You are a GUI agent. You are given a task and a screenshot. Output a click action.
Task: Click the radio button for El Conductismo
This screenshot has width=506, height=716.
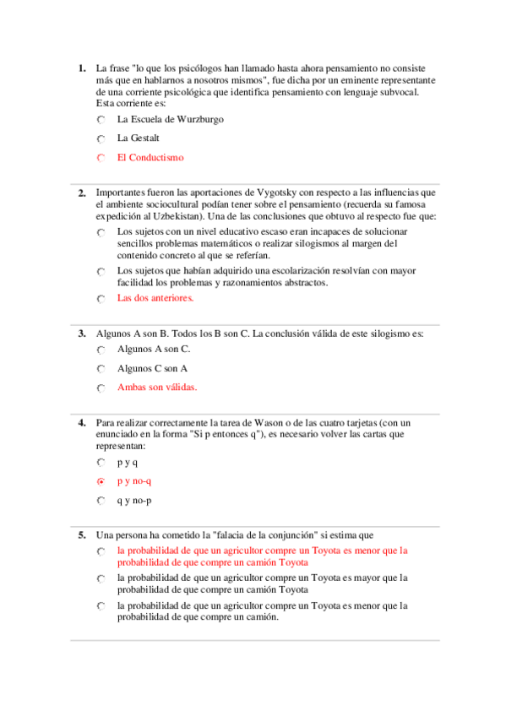pos(101,158)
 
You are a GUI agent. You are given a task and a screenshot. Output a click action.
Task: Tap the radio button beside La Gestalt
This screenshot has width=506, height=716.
pos(101,138)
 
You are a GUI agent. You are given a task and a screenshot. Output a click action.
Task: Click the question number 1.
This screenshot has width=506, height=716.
pos(81,68)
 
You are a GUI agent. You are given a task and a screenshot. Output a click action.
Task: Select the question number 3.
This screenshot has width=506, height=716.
pos(81,334)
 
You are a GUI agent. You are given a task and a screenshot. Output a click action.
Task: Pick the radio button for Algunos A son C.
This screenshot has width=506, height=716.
pos(101,350)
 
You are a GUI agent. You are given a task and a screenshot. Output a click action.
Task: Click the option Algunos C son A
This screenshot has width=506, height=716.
pos(152,368)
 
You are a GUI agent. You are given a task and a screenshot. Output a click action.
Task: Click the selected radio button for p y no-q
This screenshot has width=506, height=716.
pos(101,482)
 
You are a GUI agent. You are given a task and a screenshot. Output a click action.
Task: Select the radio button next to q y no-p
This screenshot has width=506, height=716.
pos(101,502)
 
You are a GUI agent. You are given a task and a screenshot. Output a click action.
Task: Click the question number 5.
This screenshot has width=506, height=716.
pos(81,534)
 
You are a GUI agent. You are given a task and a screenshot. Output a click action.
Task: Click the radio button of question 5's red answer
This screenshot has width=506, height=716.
pos(101,551)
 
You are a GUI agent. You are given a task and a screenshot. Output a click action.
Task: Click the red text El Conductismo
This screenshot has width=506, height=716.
pos(150,157)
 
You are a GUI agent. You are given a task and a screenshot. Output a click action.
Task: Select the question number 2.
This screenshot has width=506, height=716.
pos(81,193)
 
